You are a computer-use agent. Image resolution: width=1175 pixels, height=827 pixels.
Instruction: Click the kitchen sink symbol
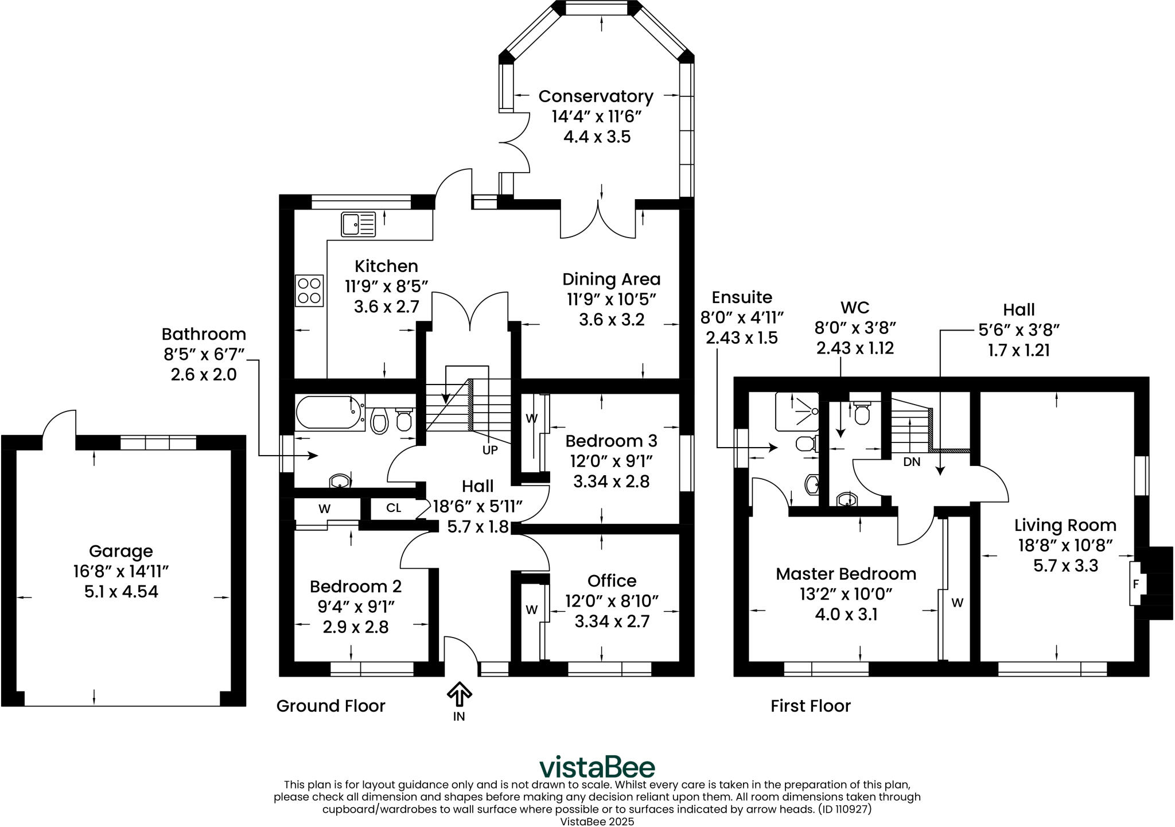(x=359, y=224)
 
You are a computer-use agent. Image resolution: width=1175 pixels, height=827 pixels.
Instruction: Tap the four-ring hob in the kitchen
(x=309, y=290)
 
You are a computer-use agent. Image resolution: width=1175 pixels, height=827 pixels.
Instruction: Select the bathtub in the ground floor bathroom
(x=330, y=412)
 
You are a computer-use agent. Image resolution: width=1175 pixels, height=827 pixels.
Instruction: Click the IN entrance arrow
(x=459, y=694)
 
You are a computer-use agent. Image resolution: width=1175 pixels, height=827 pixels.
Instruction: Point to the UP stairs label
(x=490, y=451)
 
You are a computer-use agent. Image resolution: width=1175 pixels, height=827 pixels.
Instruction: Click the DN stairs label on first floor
(x=912, y=461)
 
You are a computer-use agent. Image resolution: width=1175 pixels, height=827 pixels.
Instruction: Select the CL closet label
(x=394, y=508)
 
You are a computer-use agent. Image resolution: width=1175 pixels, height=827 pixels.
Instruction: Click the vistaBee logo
(x=597, y=767)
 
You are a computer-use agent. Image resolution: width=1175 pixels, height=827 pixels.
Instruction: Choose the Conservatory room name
(x=596, y=96)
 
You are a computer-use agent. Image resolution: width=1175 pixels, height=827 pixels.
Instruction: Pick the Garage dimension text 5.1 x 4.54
(x=121, y=592)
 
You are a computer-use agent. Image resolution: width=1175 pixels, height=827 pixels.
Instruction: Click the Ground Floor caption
(x=331, y=706)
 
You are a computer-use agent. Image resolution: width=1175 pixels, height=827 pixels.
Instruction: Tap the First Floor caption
(x=811, y=706)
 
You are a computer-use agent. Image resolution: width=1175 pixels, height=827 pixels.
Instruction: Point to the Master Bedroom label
(x=846, y=574)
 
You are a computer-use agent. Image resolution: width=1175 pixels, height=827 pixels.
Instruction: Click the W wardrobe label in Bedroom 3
(x=532, y=418)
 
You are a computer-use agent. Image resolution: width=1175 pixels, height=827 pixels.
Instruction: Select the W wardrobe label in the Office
(x=532, y=609)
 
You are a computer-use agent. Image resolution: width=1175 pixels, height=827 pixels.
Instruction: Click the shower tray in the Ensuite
(x=797, y=411)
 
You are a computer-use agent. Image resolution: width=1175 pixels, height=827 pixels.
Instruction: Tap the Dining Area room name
(x=612, y=279)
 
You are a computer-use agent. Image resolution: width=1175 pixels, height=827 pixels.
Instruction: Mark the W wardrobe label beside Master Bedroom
(x=958, y=603)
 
